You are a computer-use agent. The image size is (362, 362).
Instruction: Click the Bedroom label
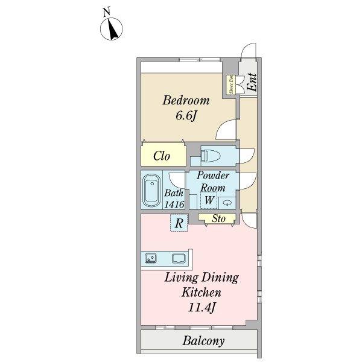(186, 100)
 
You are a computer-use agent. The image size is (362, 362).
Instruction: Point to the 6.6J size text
(186, 115)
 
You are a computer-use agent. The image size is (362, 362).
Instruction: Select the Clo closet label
(161, 156)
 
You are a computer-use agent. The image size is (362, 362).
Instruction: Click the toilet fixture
(212, 156)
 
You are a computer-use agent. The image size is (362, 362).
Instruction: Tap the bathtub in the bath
(151, 189)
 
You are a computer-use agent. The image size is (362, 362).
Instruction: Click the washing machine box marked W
(208, 200)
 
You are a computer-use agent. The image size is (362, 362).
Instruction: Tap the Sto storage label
(218, 219)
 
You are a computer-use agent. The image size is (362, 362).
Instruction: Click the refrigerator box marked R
(179, 223)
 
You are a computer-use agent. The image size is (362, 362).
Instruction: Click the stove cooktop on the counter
(151, 259)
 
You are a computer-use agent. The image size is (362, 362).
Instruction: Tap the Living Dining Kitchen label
(202, 285)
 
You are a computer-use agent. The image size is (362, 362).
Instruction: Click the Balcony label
(203, 341)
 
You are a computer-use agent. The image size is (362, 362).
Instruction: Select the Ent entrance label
(252, 82)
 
